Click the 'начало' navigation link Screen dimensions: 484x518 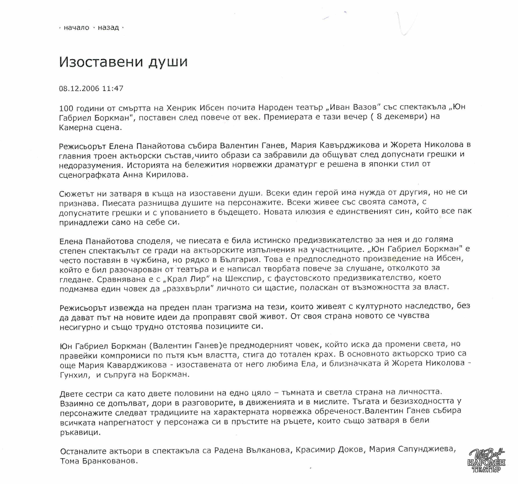tap(76, 28)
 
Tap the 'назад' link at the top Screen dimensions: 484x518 tap(108, 28)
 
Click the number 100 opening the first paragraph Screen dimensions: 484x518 tap(67, 108)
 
